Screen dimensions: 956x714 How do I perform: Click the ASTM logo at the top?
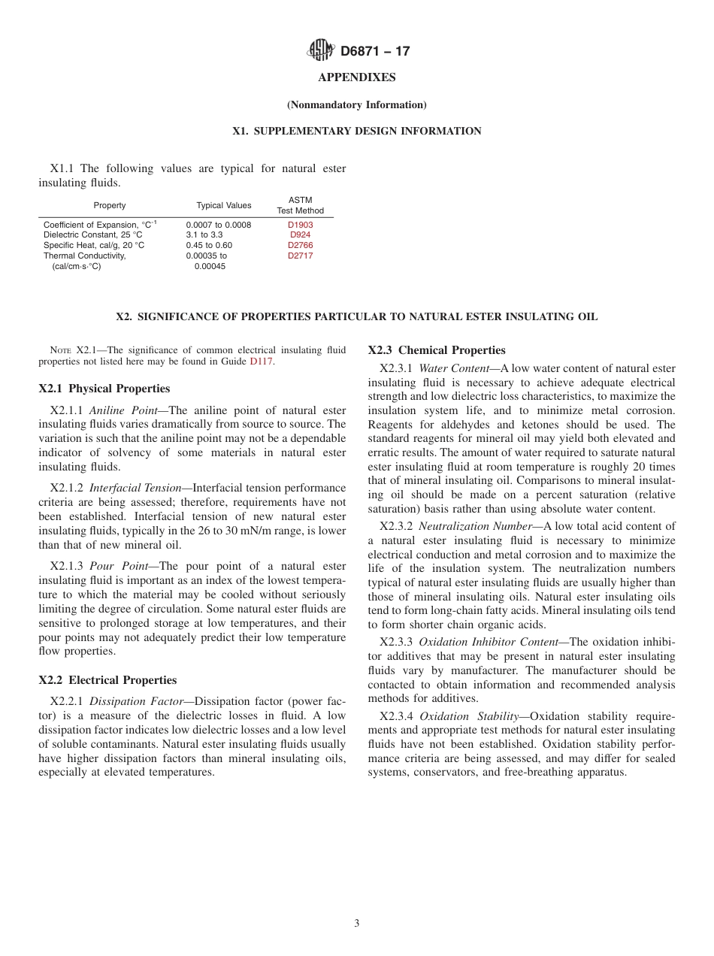[x=320, y=51]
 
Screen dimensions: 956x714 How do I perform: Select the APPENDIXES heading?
[x=357, y=77]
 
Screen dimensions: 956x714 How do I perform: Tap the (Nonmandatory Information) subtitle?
[x=357, y=105]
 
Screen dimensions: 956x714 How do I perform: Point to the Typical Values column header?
[x=224, y=206]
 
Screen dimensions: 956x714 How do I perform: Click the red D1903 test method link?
[x=301, y=225]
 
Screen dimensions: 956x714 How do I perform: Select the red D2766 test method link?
[x=301, y=246]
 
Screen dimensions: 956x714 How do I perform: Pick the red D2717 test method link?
[x=301, y=256]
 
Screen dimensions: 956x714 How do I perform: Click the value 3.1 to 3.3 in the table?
[x=204, y=235]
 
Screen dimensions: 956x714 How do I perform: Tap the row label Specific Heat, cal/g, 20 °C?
[x=94, y=246]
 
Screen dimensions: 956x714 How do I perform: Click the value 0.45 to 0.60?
[x=209, y=246]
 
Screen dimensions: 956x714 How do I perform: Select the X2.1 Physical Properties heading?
[x=104, y=389]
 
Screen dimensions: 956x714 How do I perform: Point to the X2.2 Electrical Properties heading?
[x=107, y=680]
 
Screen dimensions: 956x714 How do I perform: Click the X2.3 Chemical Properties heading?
[x=437, y=350]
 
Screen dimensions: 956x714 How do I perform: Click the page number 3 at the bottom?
[x=357, y=924]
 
